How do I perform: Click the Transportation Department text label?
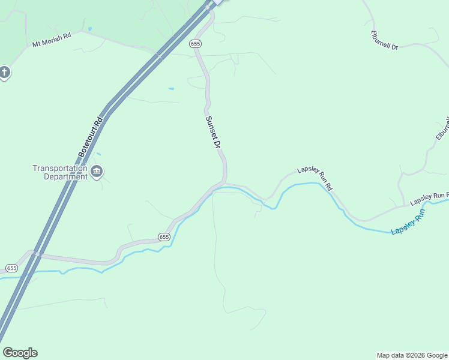click(x=60, y=172)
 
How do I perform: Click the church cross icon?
click(x=4, y=73)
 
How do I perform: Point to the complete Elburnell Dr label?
click(x=385, y=40)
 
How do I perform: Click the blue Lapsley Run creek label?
click(x=408, y=223)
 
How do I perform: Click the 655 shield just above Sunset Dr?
click(x=194, y=44)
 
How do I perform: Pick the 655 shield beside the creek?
click(x=164, y=237)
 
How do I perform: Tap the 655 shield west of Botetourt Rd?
click(x=11, y=268)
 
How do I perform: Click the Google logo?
click(x=20, y=353)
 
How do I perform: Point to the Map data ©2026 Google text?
click(x=412, y=355)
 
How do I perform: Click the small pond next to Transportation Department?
click(x=98, y=155)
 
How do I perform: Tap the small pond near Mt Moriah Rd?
click(x=89, y=28)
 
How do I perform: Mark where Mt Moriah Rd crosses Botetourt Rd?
click(x=159, y=56)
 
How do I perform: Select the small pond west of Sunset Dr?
click(x=171, y=89)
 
